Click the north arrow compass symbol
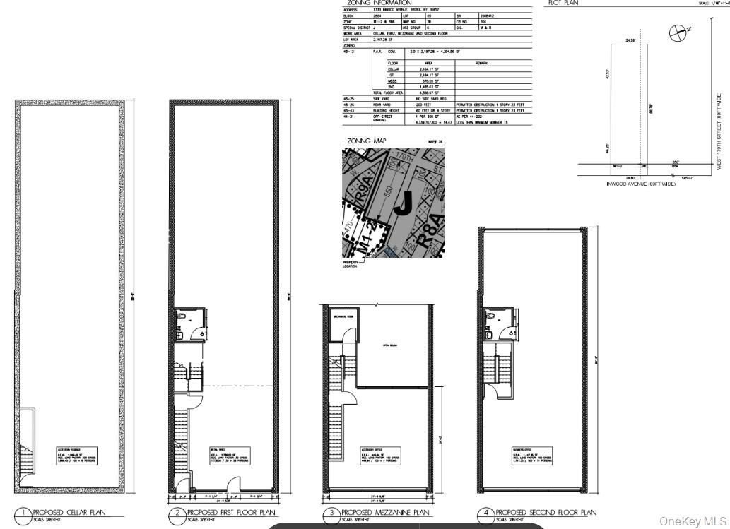pyautogui.click(x=678, y=31)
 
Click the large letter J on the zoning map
pyautogui.click(x=402, y=204)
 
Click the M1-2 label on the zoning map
pyautogui.click(x=363, y=241)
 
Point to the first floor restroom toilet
pyautogui.click(x=182, y=319)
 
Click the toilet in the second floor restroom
pyautogui.click(x=490, y=319)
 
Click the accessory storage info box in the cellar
pyautogui.click(x=76, y=454)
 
